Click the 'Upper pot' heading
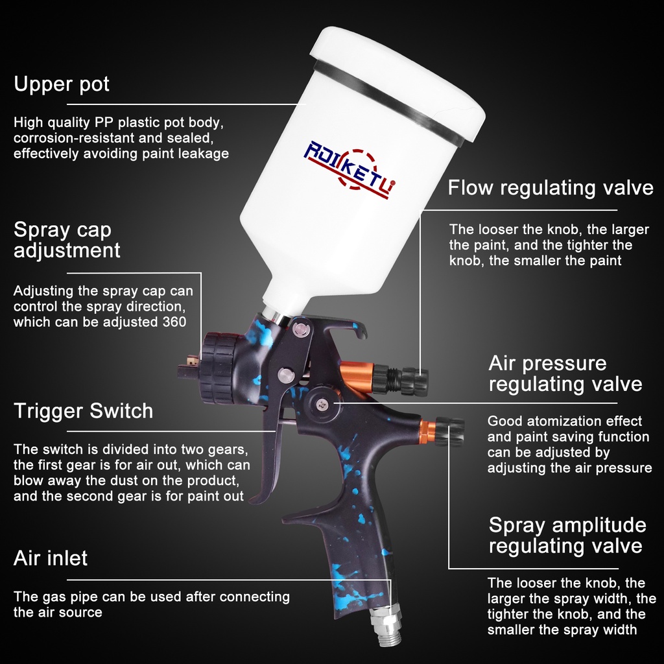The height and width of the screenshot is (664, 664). click(62, 84)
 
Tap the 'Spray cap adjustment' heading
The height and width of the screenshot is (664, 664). click(67, 240)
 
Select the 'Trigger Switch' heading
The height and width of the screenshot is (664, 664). click(84, 410)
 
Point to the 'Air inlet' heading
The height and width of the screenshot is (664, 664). click(51, 558)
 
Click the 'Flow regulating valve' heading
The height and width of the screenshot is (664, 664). click(551, 187)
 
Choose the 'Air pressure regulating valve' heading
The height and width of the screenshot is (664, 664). click(565, 373)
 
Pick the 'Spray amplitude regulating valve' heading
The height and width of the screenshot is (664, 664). click(567, 535)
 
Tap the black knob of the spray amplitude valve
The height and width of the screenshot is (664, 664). click(450, 431)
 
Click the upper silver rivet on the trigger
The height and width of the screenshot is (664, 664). click(302, 329)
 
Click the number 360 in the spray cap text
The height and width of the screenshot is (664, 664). click(174, 322)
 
